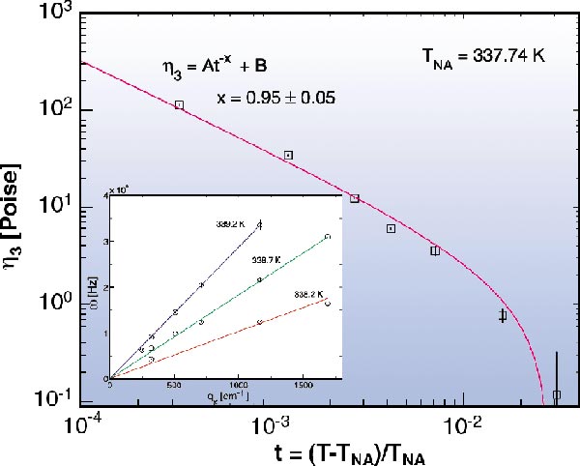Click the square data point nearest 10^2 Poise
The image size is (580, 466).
180,104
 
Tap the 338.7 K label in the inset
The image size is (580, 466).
267,259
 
